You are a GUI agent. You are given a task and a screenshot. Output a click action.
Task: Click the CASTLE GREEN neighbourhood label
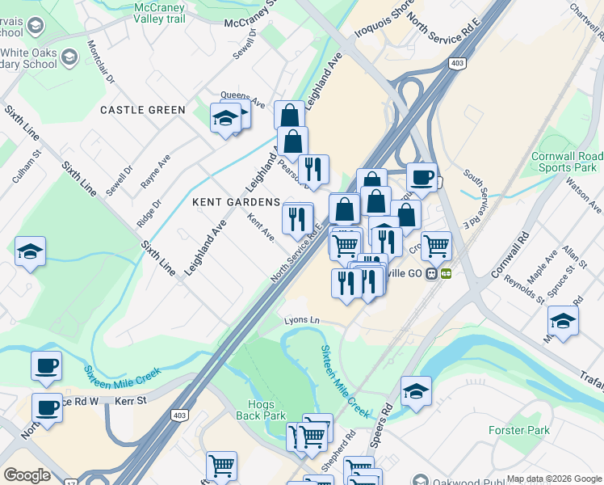(142, 110)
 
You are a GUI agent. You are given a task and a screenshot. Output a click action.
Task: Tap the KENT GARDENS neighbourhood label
(236, 202)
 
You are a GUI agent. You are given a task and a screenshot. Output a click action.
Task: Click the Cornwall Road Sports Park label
(567, 162)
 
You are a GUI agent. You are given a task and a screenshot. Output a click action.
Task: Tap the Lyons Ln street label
(302, 321)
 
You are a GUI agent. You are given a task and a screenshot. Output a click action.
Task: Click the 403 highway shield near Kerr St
(179, 415)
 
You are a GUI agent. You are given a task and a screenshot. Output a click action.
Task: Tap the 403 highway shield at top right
(458, 63)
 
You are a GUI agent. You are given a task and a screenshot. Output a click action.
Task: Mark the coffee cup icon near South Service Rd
(421, 177)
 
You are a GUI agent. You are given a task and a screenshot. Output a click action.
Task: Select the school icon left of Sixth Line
(30, 251)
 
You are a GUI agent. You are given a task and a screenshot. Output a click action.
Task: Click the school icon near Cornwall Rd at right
(562, 321)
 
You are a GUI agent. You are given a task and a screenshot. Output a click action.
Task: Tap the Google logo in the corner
(27, 475)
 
